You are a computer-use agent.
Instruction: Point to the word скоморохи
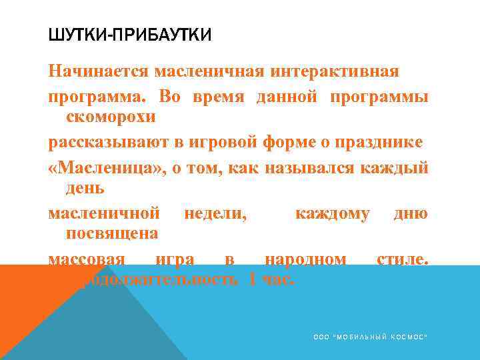(x=111, y=117)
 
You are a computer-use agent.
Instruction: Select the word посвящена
(x=112, y=233)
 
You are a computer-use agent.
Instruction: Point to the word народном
(x=305, y=259)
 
